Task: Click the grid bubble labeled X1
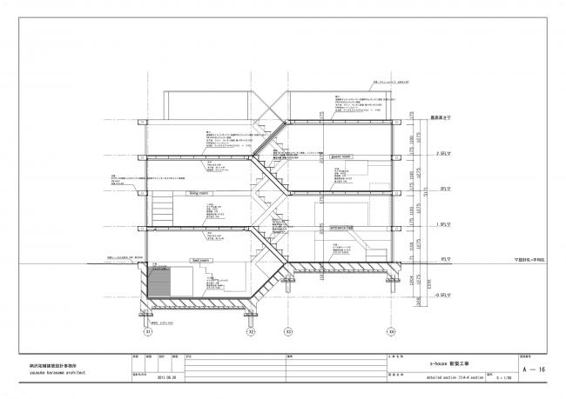(x=148, y=331)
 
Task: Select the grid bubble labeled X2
(x=251, y=331)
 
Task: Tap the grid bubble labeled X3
(x=288, y=331)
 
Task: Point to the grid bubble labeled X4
(x=391, y=331)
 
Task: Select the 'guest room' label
(x=340, y=156)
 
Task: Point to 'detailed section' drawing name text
(x=437, y=379)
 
